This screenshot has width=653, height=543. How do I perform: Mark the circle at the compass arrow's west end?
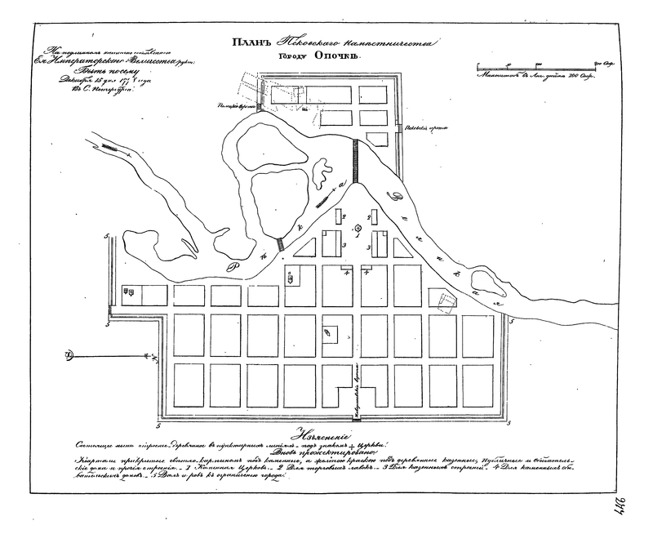pyautogui.click(x=70, y=354)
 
